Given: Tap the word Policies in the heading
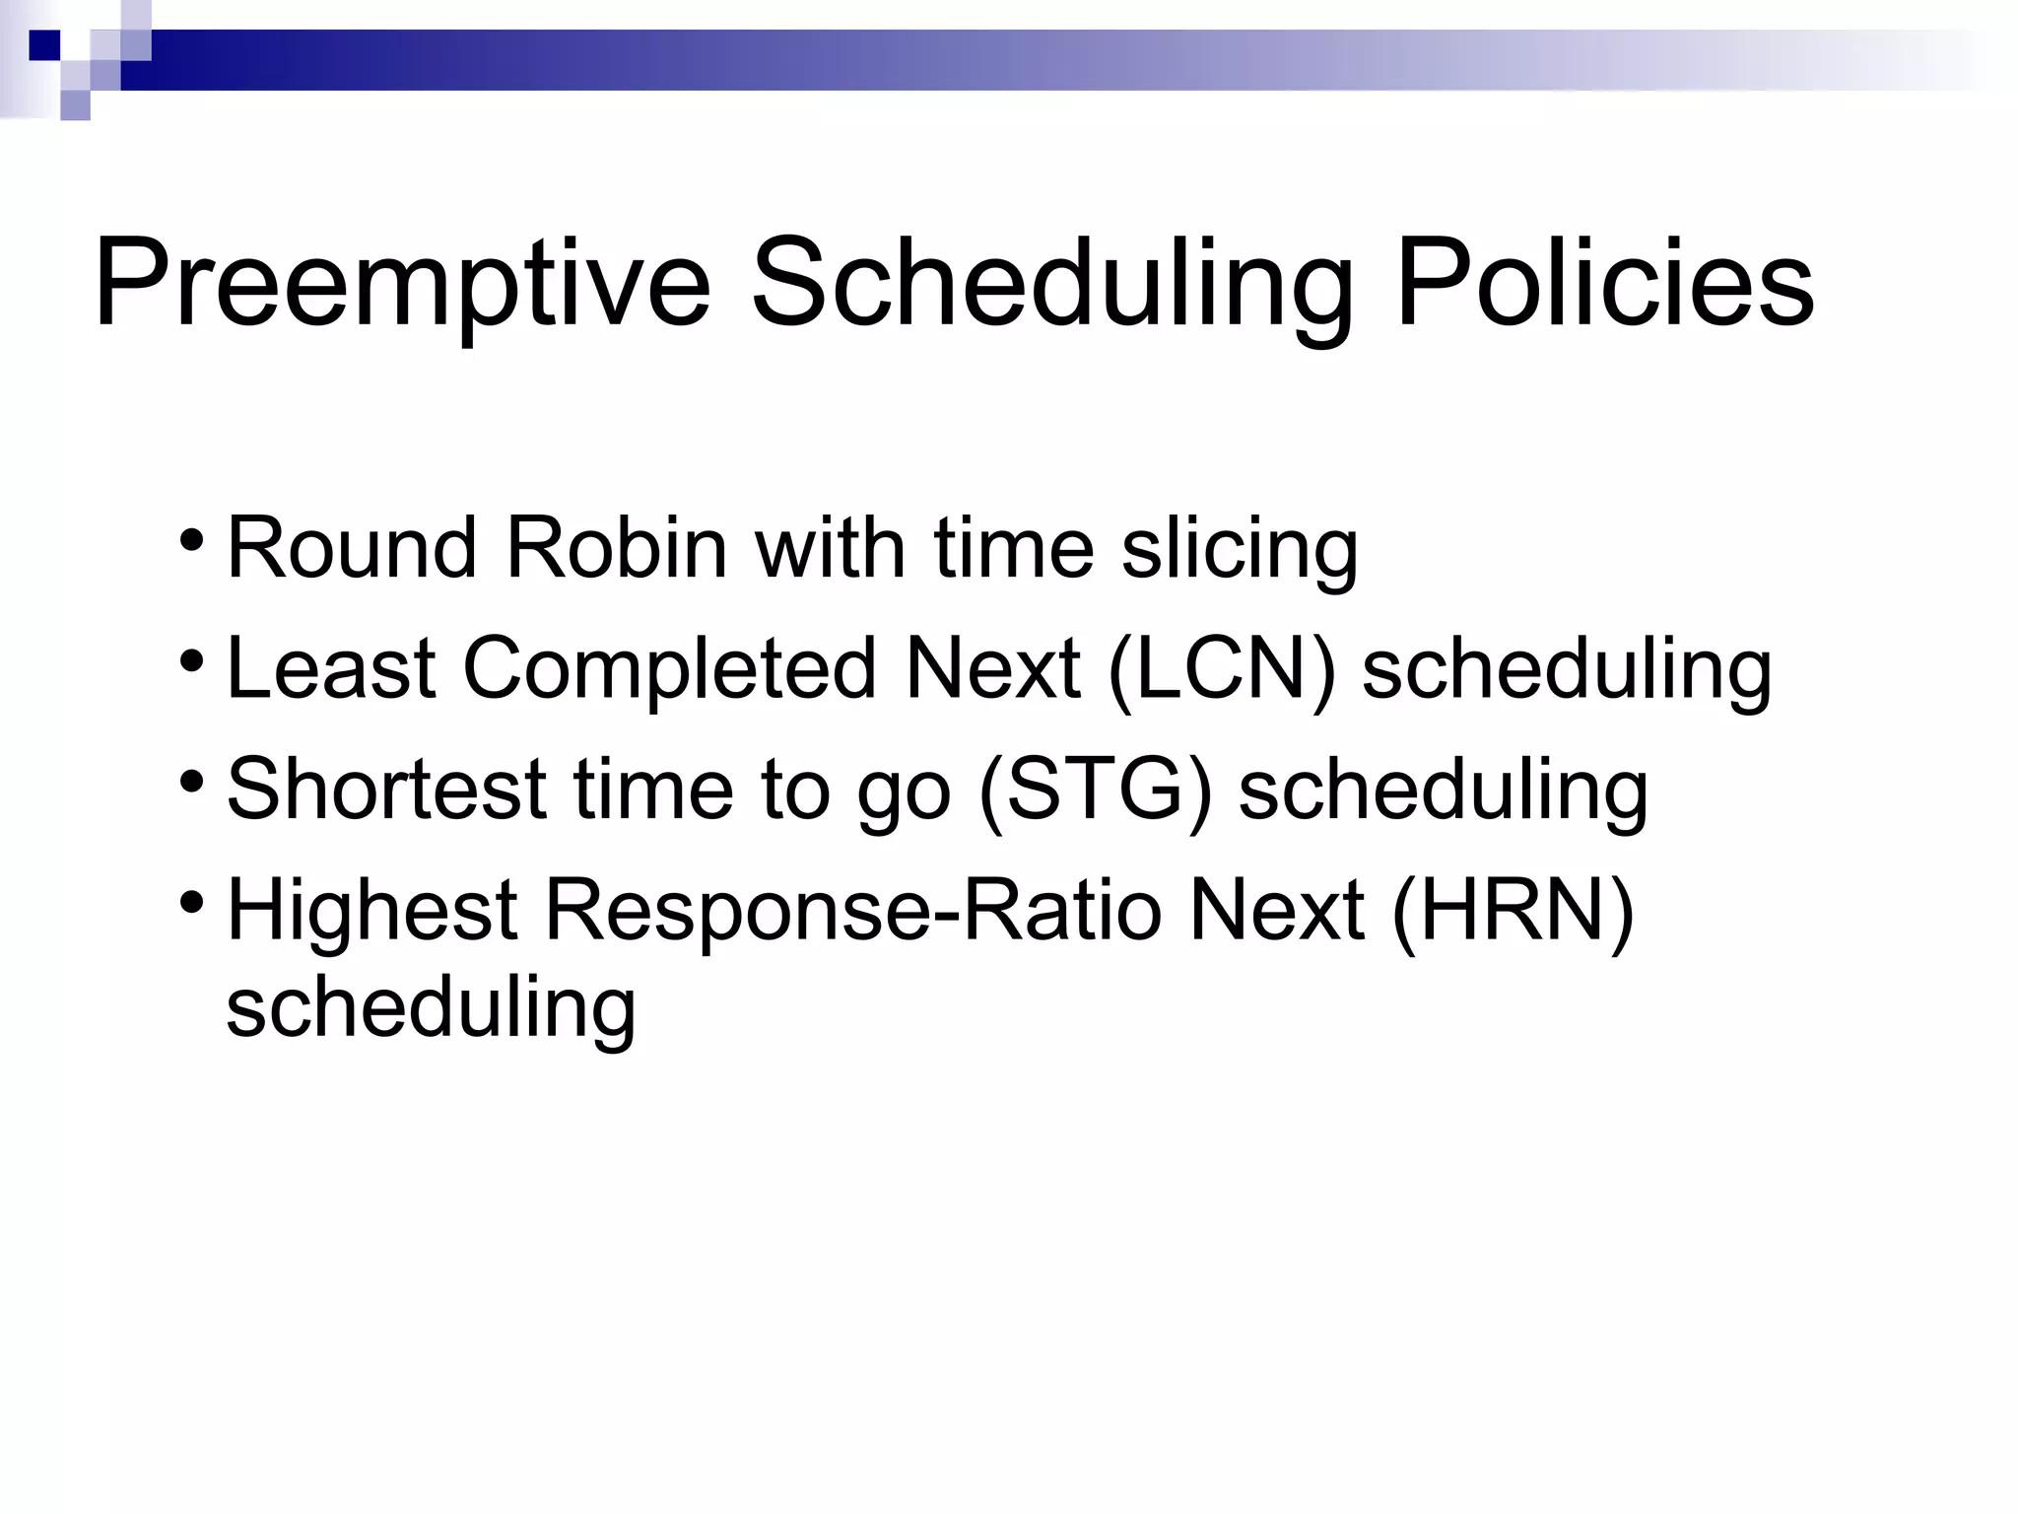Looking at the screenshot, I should point(1604,284).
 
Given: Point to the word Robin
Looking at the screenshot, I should point(616,548).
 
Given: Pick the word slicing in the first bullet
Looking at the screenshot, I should point(1240,550).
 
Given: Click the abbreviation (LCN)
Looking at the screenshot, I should point(1222,669).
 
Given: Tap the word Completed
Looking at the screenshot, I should point(669,669).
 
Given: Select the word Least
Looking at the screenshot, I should point(331,669).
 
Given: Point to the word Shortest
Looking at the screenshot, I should point(386,790).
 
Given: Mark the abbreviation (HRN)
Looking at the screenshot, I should point(1513,910).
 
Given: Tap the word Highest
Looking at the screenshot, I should point(372,910).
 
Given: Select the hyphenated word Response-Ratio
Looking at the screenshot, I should point(853,910).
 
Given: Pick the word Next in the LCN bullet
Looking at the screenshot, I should point(992,669).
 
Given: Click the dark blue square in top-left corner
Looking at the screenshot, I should point(44,45).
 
